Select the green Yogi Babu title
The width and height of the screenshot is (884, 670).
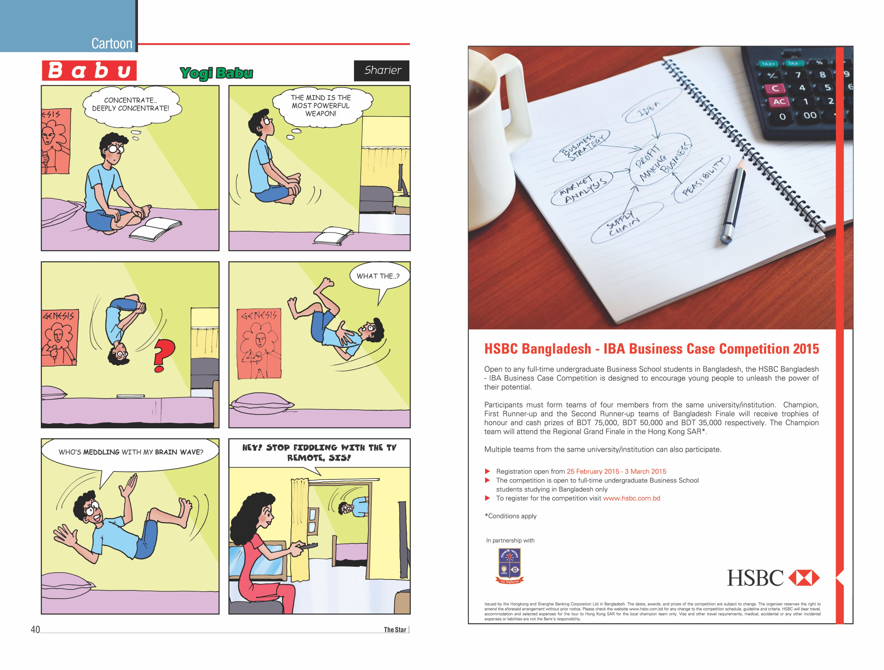click(216, 73)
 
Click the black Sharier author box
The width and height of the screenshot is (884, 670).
click(382, 71)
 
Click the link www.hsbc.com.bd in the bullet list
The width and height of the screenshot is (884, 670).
click(631, 498)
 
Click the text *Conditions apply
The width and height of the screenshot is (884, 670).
click(510, 516)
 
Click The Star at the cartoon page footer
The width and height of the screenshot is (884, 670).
click(395, 630)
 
